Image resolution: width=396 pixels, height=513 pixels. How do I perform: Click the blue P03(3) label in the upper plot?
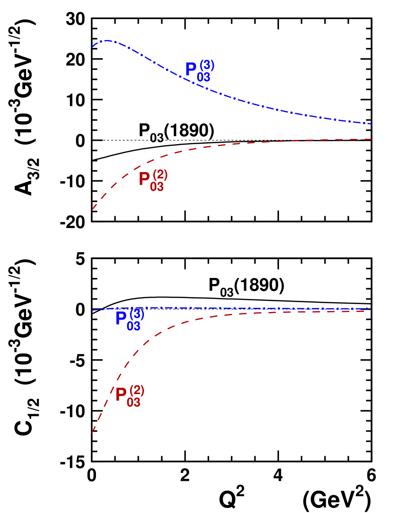pos(199,71)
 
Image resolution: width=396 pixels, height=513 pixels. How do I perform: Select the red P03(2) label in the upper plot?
pos(153,180)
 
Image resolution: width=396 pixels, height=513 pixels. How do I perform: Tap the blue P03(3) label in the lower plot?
pos(130,319)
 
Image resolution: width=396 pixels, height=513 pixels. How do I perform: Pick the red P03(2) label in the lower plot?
pos(130,396)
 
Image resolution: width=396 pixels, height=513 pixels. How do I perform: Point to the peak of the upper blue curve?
pos(107,41)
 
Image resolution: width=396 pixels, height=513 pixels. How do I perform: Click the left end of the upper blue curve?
pos(92,47)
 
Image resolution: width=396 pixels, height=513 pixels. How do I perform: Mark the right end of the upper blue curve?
pos(371,124)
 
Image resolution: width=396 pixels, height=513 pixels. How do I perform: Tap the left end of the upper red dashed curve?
pos(92,209)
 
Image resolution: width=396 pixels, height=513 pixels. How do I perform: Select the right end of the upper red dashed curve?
pos(371,139)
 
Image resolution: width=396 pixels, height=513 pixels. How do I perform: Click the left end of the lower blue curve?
pos(92,310)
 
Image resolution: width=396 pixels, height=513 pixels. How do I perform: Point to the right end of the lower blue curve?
pos(371,308)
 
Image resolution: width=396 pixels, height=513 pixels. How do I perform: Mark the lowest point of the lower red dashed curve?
pos(92,433)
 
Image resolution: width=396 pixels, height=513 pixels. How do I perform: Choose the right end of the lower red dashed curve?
pos(371,311)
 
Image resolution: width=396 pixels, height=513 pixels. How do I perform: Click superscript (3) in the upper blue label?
pos(207,65)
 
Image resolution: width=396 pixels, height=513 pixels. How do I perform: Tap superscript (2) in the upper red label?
pos(160,175)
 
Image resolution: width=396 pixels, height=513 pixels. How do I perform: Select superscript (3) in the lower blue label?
pos(137,313)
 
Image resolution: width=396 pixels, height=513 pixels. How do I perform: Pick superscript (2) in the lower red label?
pos(137,390)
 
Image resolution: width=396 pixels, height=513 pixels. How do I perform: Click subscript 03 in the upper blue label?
pos(204,78)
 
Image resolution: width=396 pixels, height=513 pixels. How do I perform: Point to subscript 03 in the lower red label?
pos(134,403)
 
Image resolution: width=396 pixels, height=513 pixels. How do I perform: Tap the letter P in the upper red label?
pos(144,180)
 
